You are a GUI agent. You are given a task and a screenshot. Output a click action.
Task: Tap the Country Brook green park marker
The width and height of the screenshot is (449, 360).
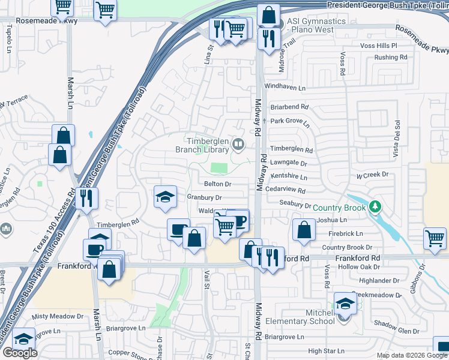point(375,206)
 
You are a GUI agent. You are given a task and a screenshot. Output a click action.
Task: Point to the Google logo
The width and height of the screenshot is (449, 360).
point(20,352)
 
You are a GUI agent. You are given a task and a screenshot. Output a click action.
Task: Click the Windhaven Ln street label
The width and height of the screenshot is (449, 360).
point(285,88)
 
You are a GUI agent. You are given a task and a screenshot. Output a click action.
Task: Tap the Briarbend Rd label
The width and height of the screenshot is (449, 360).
point(289,107)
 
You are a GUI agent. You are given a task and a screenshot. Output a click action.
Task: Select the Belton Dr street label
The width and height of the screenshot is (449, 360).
point(217,184)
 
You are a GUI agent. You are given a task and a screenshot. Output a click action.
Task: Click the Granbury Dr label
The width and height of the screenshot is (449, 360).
point(204,197)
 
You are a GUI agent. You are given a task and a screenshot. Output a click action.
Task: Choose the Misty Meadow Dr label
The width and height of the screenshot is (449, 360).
point(58,316)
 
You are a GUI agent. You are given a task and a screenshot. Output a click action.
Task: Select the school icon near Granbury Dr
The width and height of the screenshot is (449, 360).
point(166,196)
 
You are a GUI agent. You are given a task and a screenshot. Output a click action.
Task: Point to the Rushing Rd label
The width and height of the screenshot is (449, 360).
point(390,58)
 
